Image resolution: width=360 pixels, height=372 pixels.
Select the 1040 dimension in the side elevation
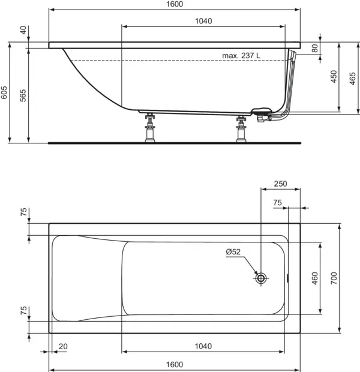[203, 20]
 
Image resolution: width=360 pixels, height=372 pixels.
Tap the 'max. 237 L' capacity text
[241, 55]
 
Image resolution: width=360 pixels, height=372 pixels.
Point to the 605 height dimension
[4, 92]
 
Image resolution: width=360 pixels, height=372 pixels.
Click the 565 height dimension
[23, 95]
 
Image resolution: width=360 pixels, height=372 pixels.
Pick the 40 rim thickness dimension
[23, 31]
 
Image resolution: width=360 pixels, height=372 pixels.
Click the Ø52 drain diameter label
[233, 252]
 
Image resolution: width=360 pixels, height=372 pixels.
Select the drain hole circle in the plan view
[261, 278]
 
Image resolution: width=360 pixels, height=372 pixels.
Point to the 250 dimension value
[280, 184]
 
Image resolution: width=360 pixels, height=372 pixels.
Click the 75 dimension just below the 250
[277, 203]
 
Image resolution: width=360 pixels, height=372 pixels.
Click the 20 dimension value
[64, 346]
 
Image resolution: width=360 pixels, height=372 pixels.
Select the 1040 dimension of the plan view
[203, 346]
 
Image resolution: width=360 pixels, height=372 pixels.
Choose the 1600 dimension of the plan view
[175, 364]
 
